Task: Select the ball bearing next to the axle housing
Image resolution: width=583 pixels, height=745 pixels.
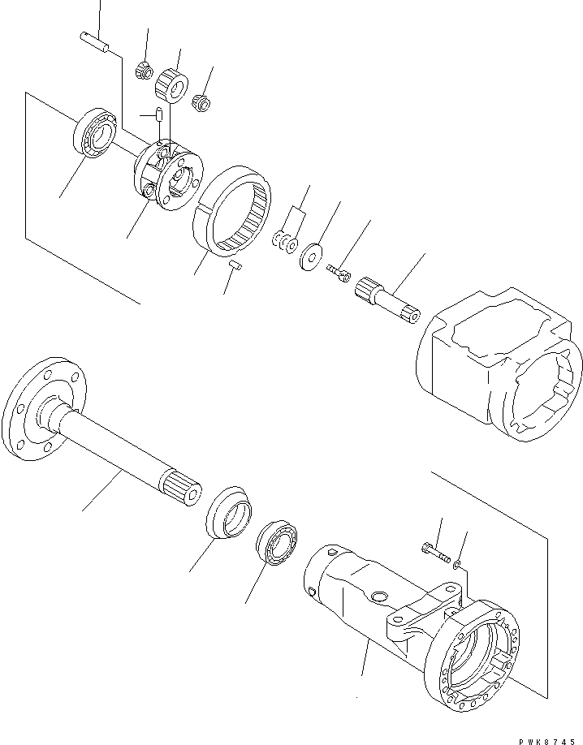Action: coord(279,545)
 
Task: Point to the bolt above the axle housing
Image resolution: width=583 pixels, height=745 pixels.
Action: coord(435,553)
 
